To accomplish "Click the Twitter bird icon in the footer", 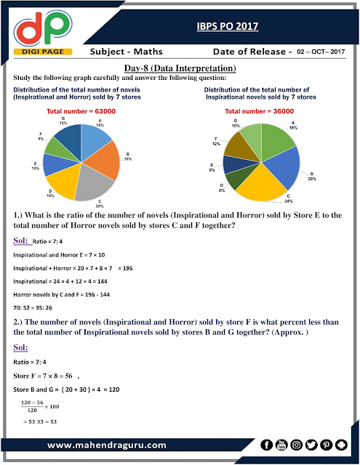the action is pos(309,443).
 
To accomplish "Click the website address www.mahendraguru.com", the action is pos(109,444).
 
